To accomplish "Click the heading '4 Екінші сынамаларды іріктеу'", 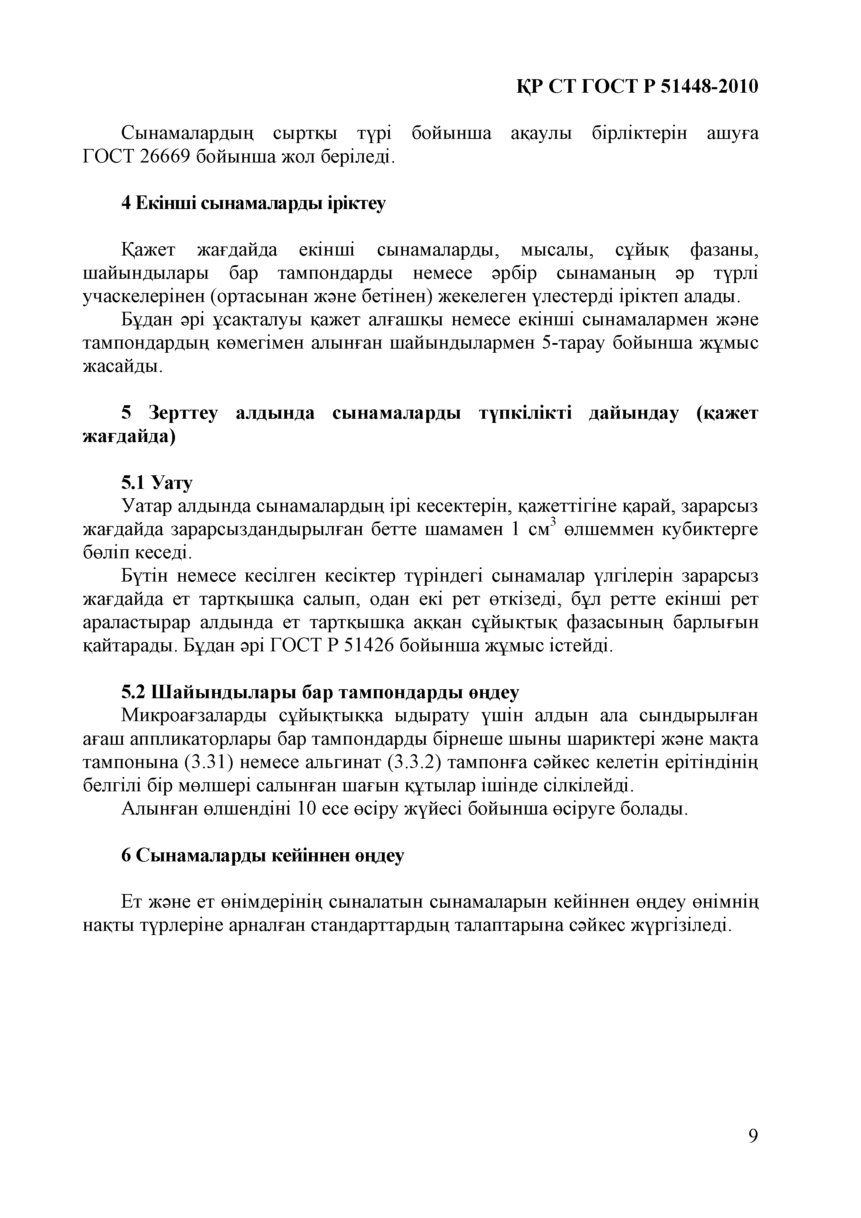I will [x=253, y=203].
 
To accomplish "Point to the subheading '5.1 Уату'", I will [x=157, y=483].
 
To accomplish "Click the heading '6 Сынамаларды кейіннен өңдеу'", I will [x=262, y=855].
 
